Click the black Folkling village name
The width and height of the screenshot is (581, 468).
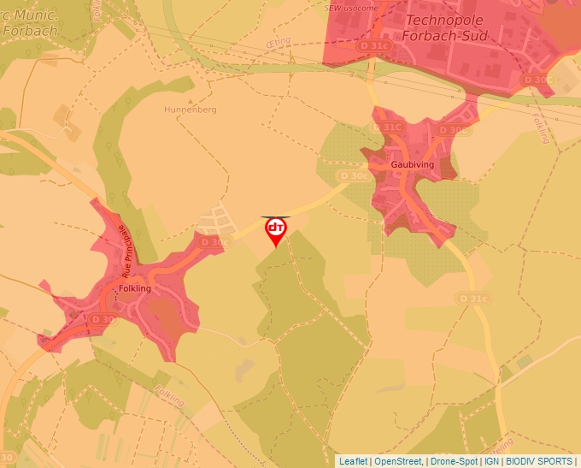click(x=135, y=288)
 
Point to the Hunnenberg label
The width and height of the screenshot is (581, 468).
click(x=191, y=110)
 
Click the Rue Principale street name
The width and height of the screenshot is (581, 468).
click(x=126, y=252)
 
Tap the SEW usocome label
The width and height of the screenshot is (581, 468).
click(x=351, y=8)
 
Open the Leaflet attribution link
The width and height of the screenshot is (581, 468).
click(x=353, y=461)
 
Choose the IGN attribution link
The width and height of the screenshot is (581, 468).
click(x=491, y=461)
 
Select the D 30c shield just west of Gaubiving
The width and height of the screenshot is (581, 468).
click(x=353, y=175)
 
